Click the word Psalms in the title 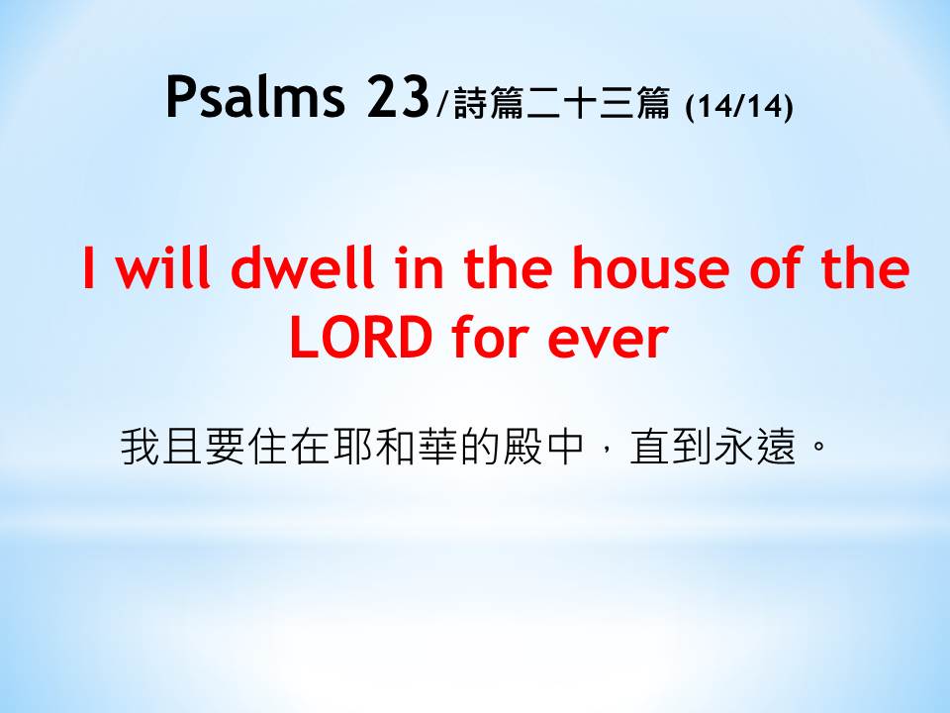tap(255, 97)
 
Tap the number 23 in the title tap(398, 96)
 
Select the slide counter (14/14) tap(738, 106)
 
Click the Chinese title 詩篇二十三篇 tap(561, 103)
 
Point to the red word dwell tap(303, 266)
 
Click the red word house tap(651, 266)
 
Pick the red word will tap(163, 266)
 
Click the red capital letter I tap(89, 267)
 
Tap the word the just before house tap(508, 266)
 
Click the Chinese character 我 tap(141, 447)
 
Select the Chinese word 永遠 tap(754, 447)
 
